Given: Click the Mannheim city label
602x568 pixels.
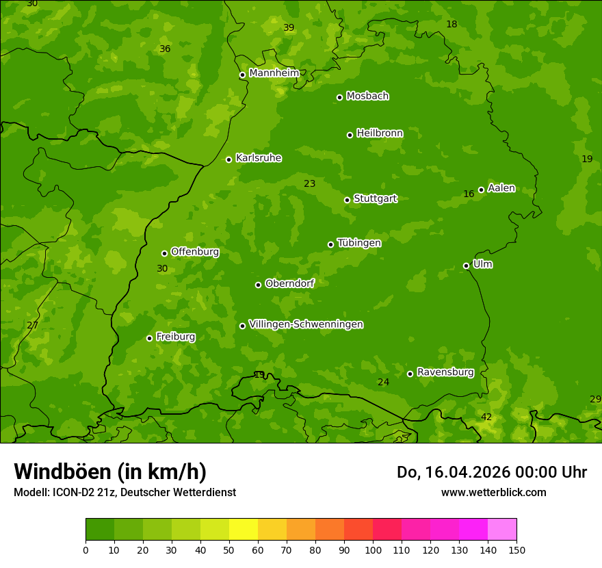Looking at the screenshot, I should click(274, 73).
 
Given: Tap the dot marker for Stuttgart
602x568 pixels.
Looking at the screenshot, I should click(347, 200).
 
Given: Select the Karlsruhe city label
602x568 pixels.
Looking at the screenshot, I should click(259, 158).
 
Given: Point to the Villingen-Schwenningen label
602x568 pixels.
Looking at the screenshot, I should click(306, 324).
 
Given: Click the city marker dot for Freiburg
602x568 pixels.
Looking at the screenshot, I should click(149, 338).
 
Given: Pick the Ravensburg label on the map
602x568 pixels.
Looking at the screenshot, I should click(445, 372).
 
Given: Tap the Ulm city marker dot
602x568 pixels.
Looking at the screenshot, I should click(466, 266).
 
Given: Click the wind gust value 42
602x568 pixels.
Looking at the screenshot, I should click(486, 417).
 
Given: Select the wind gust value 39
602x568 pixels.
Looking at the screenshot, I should click(289, 27).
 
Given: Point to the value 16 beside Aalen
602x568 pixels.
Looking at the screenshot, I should click(469, 194).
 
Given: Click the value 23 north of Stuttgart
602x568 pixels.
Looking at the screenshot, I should click(310, 183).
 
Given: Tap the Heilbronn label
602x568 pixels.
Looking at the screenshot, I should click(380, 133).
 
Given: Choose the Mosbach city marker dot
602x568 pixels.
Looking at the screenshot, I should click(339, 97).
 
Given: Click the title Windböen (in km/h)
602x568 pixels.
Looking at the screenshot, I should click(110, 472).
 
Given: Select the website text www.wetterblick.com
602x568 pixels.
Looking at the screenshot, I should click(493, 492).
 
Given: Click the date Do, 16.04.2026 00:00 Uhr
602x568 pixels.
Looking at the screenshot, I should click(491, 472).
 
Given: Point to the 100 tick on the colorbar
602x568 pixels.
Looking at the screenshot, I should click(373, 550).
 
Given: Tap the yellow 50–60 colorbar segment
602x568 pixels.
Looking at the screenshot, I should click(244, 530).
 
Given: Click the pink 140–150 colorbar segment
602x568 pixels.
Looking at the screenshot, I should click(502, 530).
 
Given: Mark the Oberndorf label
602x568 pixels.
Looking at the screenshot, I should click(289, 283).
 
